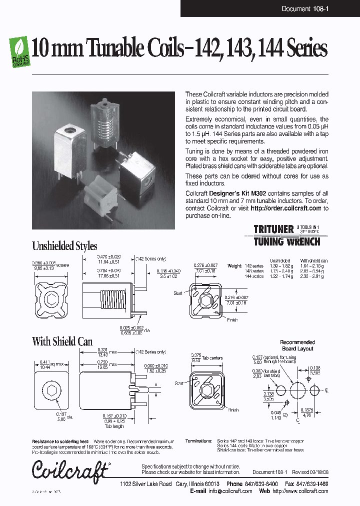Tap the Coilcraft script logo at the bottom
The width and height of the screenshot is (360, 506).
click(70, 469)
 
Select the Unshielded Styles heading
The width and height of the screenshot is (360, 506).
click(64, 246)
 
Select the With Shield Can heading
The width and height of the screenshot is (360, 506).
click(62, 341)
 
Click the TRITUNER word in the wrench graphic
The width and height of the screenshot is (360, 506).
click(273, 229)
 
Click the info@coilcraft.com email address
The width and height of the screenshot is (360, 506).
click(230, 491)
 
